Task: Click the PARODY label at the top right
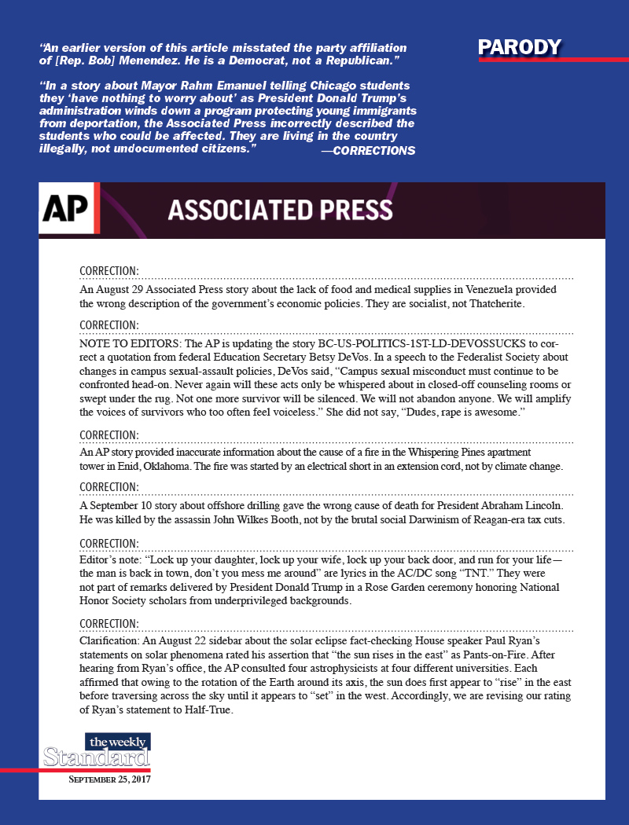tap(520, 48)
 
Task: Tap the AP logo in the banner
tap(67, 209)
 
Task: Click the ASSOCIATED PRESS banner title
tap(280, 210)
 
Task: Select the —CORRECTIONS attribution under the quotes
tap(368, 150)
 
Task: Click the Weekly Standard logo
tap(97, 752)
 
